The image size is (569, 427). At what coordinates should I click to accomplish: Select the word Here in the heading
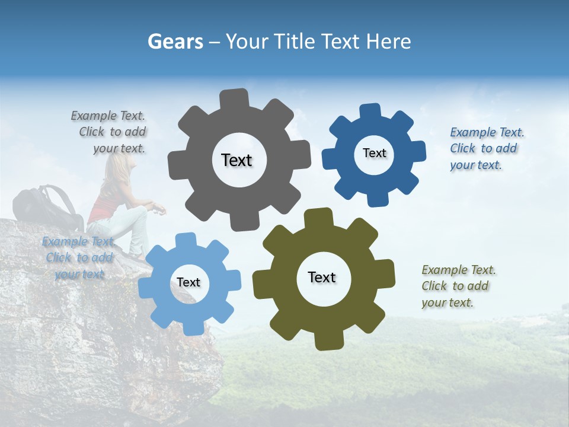coord(389,42)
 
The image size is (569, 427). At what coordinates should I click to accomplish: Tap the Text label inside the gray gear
coord(236,160)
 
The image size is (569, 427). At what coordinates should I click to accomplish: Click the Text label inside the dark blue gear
coord(374,153)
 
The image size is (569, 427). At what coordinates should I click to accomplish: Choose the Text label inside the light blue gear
coord(188,282)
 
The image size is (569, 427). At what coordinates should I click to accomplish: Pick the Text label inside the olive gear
coord(322,277)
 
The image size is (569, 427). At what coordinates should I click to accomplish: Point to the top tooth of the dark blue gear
coord(370,112)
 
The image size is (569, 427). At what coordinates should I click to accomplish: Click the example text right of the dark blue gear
coord(485,148)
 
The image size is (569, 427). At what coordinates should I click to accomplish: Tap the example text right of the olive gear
coord(458,286)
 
